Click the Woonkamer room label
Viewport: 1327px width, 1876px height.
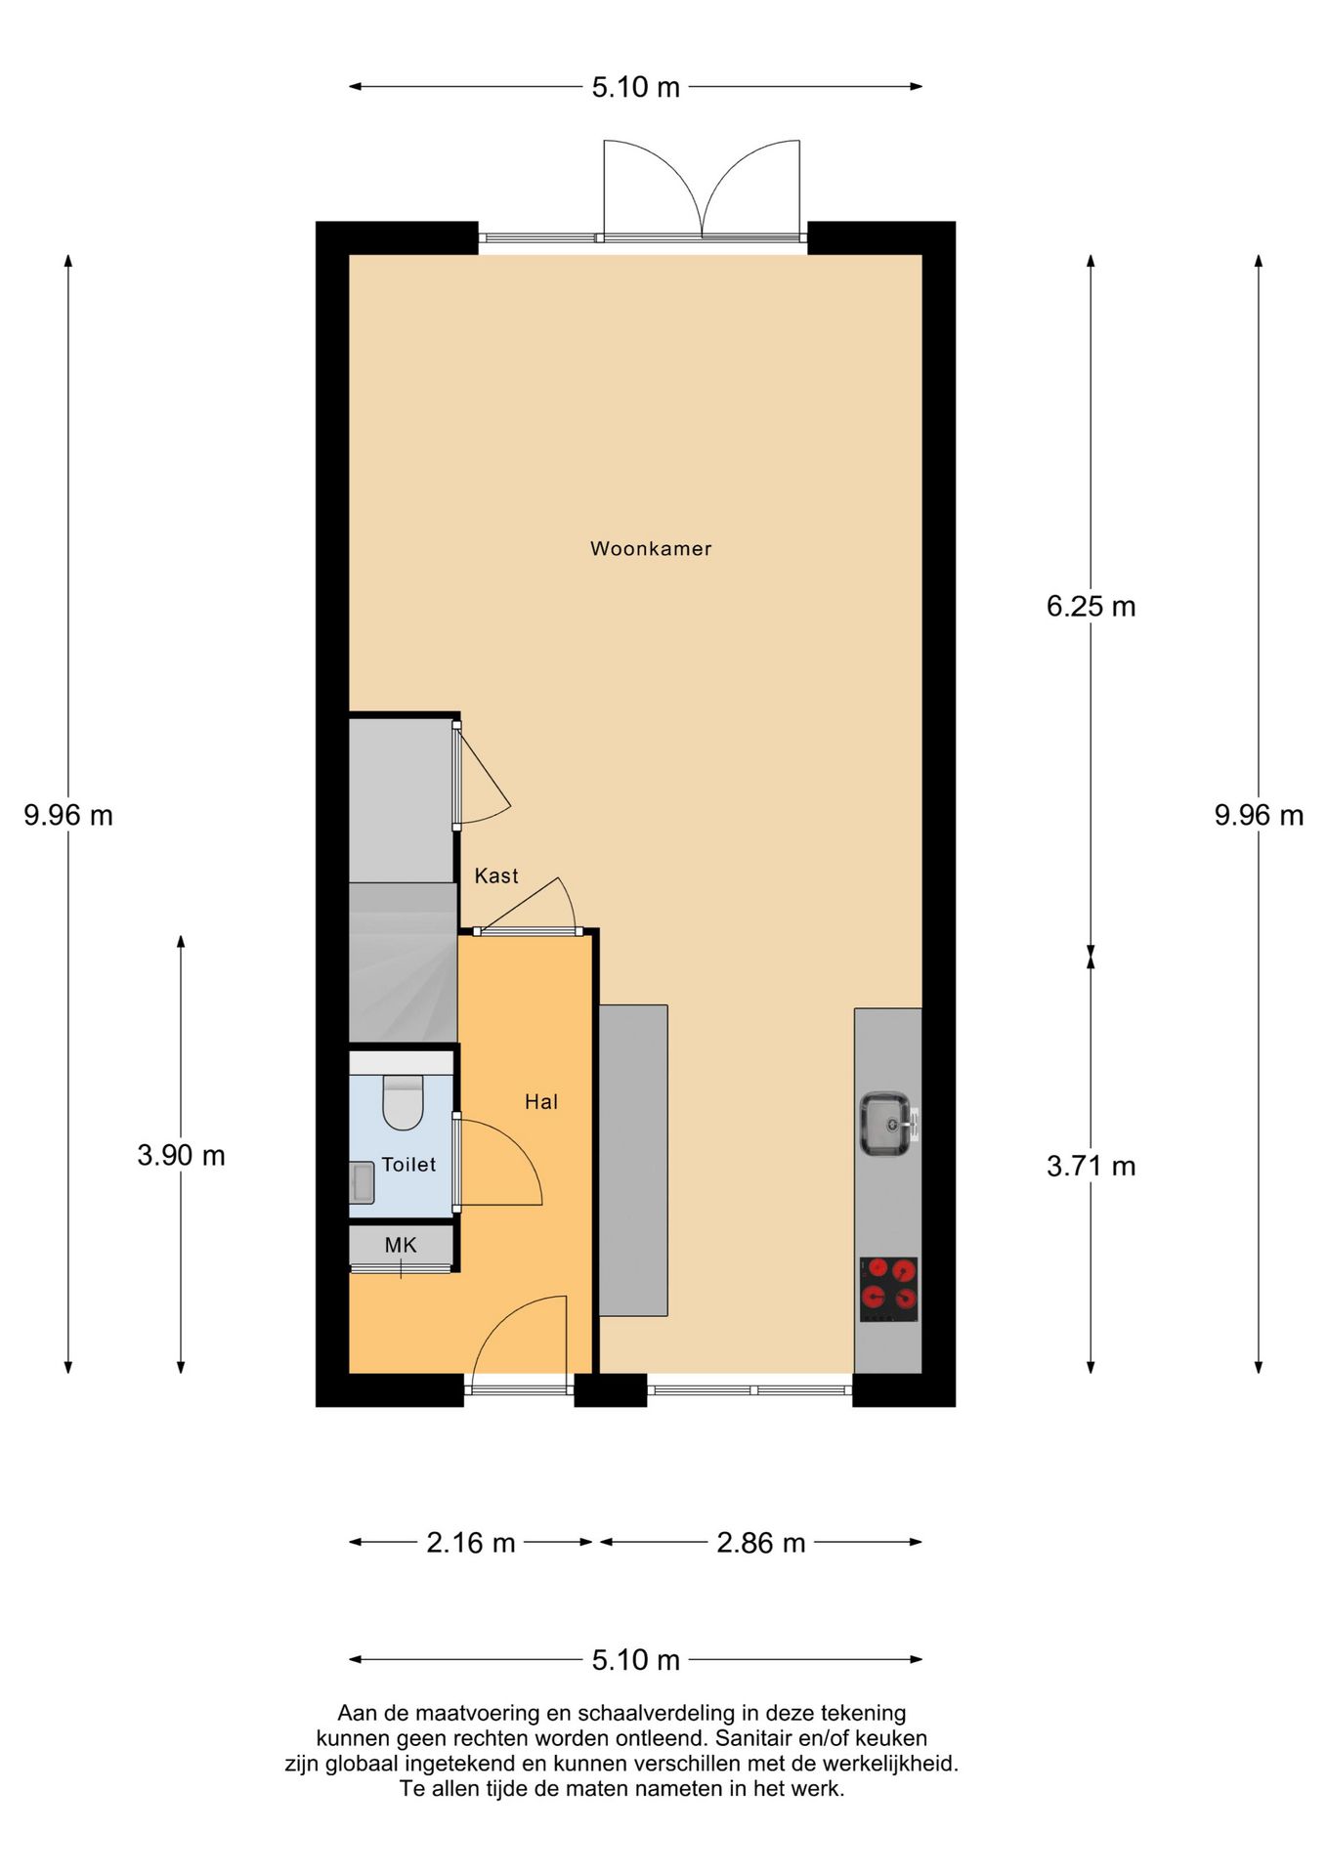coord(651,548)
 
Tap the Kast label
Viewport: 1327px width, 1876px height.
coord(496,875)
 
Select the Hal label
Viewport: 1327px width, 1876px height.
coord(541,1101)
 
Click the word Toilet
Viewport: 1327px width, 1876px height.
coord(408,1164)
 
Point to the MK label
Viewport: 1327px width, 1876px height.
coord(401,1245)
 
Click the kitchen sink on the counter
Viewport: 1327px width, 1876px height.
coord(886,1124)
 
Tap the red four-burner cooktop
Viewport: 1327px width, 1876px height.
coord(888,1289)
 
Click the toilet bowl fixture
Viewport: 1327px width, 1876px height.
coord(402,1101)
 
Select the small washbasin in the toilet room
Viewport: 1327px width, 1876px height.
coord(362,1181)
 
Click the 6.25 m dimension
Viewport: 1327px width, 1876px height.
coord(1091,606)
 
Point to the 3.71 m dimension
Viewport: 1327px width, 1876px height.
coord(1091,1166)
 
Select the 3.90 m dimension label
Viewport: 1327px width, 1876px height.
coord(181,1155)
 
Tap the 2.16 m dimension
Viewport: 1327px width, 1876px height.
coord(470,1543)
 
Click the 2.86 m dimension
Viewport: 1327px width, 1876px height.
coord(760,1543)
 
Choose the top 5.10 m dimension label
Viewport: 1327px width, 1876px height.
coord(635,87)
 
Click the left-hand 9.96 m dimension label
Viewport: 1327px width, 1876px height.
coord(68,815)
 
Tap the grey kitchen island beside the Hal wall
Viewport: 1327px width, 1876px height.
coord(633,1160)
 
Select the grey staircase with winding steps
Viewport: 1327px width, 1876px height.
coord(403,962)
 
